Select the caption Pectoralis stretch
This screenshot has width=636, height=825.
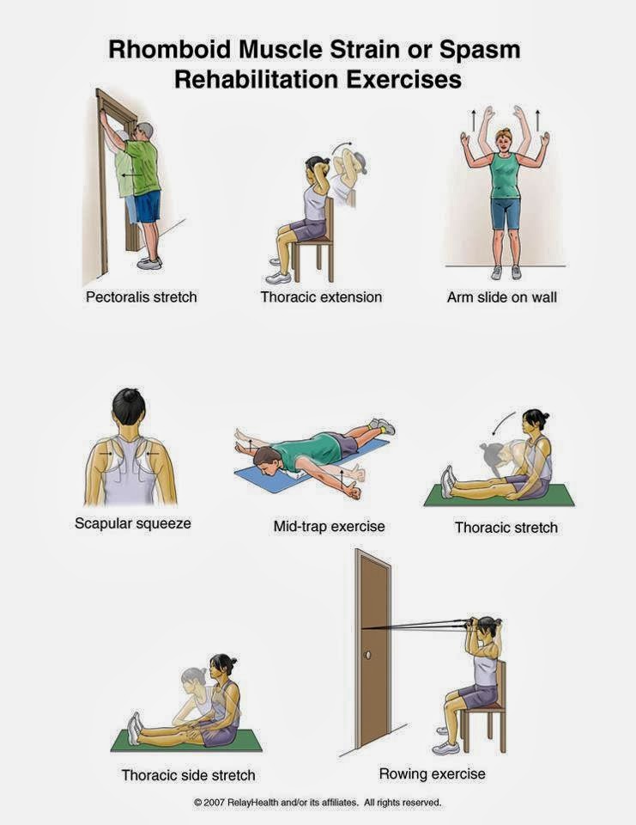coord(141,297)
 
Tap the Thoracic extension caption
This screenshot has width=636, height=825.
coord(321,297)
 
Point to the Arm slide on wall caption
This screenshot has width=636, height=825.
coord(501,297)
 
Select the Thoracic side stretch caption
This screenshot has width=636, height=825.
coord(188,775)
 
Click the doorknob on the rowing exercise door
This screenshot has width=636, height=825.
coord(368,655)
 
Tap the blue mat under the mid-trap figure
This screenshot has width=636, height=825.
coord(266,478)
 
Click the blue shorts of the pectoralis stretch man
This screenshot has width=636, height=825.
coord(148,206)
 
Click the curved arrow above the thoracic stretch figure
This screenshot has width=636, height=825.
coord(504,424)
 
